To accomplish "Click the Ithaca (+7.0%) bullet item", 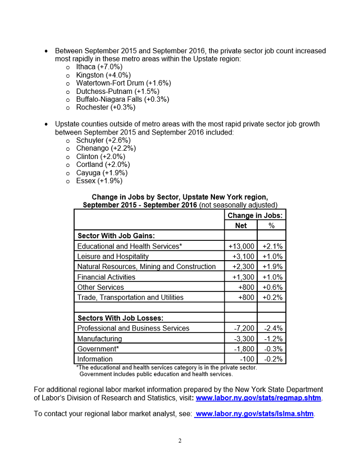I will [x=99, y=67].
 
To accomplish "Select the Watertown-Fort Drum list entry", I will [x=123, y=83].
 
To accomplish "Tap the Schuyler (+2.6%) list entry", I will [x=103, y=140].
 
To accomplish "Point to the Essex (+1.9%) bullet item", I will [x=99, y=181].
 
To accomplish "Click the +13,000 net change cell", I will [x=241, y=246].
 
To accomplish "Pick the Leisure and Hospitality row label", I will [x=113, y=256].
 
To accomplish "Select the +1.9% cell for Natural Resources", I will [x=272, y=266].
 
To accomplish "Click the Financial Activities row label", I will [x=106, y=277].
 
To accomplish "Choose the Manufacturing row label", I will [x=99, y=338].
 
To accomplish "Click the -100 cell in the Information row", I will [x=247, y=359].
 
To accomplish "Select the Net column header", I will [x=241, y=225].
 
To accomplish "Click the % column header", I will [x=271, y=225].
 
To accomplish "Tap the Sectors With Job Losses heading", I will [x=120, y=318].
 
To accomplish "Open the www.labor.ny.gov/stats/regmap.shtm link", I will [x=258, y=398].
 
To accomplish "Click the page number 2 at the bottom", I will [x=180, y=441].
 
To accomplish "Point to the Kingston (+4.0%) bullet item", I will [x=102, y=75].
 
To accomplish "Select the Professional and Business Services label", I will [x=133, y=328].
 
